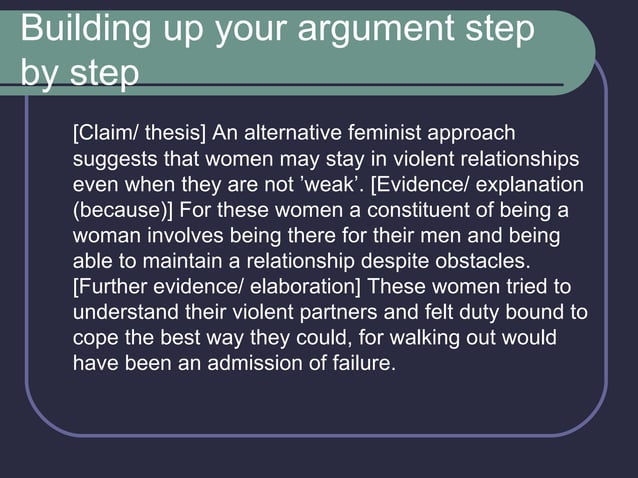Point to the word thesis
(x=171, y=133)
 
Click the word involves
(x=177, y=237)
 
